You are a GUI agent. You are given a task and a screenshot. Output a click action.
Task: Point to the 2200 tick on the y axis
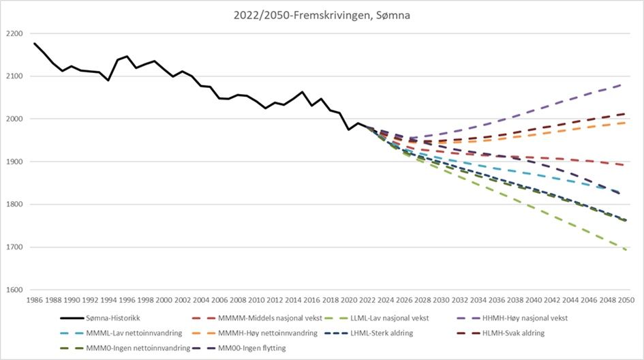[x=14, y=33]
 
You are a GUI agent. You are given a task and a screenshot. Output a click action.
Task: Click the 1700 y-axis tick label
[x=14, y=247]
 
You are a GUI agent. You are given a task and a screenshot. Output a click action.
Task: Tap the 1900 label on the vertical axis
[x=14, y=162]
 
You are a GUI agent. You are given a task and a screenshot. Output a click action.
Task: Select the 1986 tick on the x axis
[x=35, y=300]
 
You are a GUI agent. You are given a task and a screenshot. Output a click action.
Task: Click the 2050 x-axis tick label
[x=626, y=300]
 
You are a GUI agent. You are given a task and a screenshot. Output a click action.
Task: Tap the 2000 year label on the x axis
[x=164, y=300]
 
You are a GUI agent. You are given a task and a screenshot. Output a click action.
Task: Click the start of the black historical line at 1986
[x=35, y=44]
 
